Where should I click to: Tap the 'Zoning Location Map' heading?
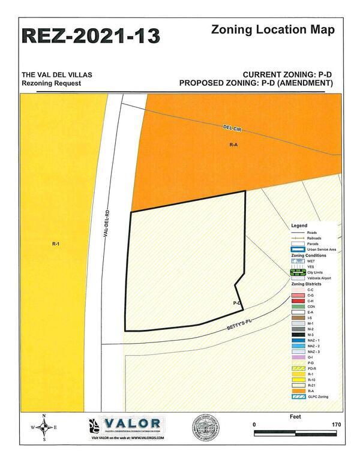pos(272,29)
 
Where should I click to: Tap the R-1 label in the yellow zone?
pos(55,244)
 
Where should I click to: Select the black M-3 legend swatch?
pos(297,335)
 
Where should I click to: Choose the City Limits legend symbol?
pos(297,272)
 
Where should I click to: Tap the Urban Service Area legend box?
pos(297,249)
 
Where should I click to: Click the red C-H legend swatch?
pos(297,300)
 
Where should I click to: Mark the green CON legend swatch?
pos(297,306)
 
